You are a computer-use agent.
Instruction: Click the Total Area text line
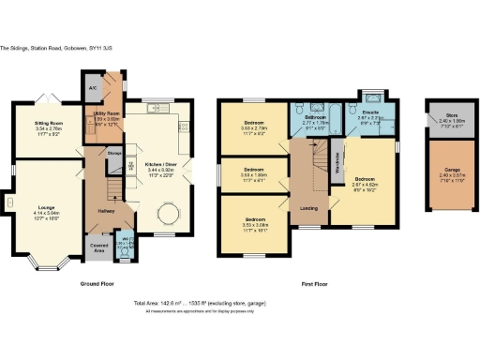pyautogui.click(x=240, y=304)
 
